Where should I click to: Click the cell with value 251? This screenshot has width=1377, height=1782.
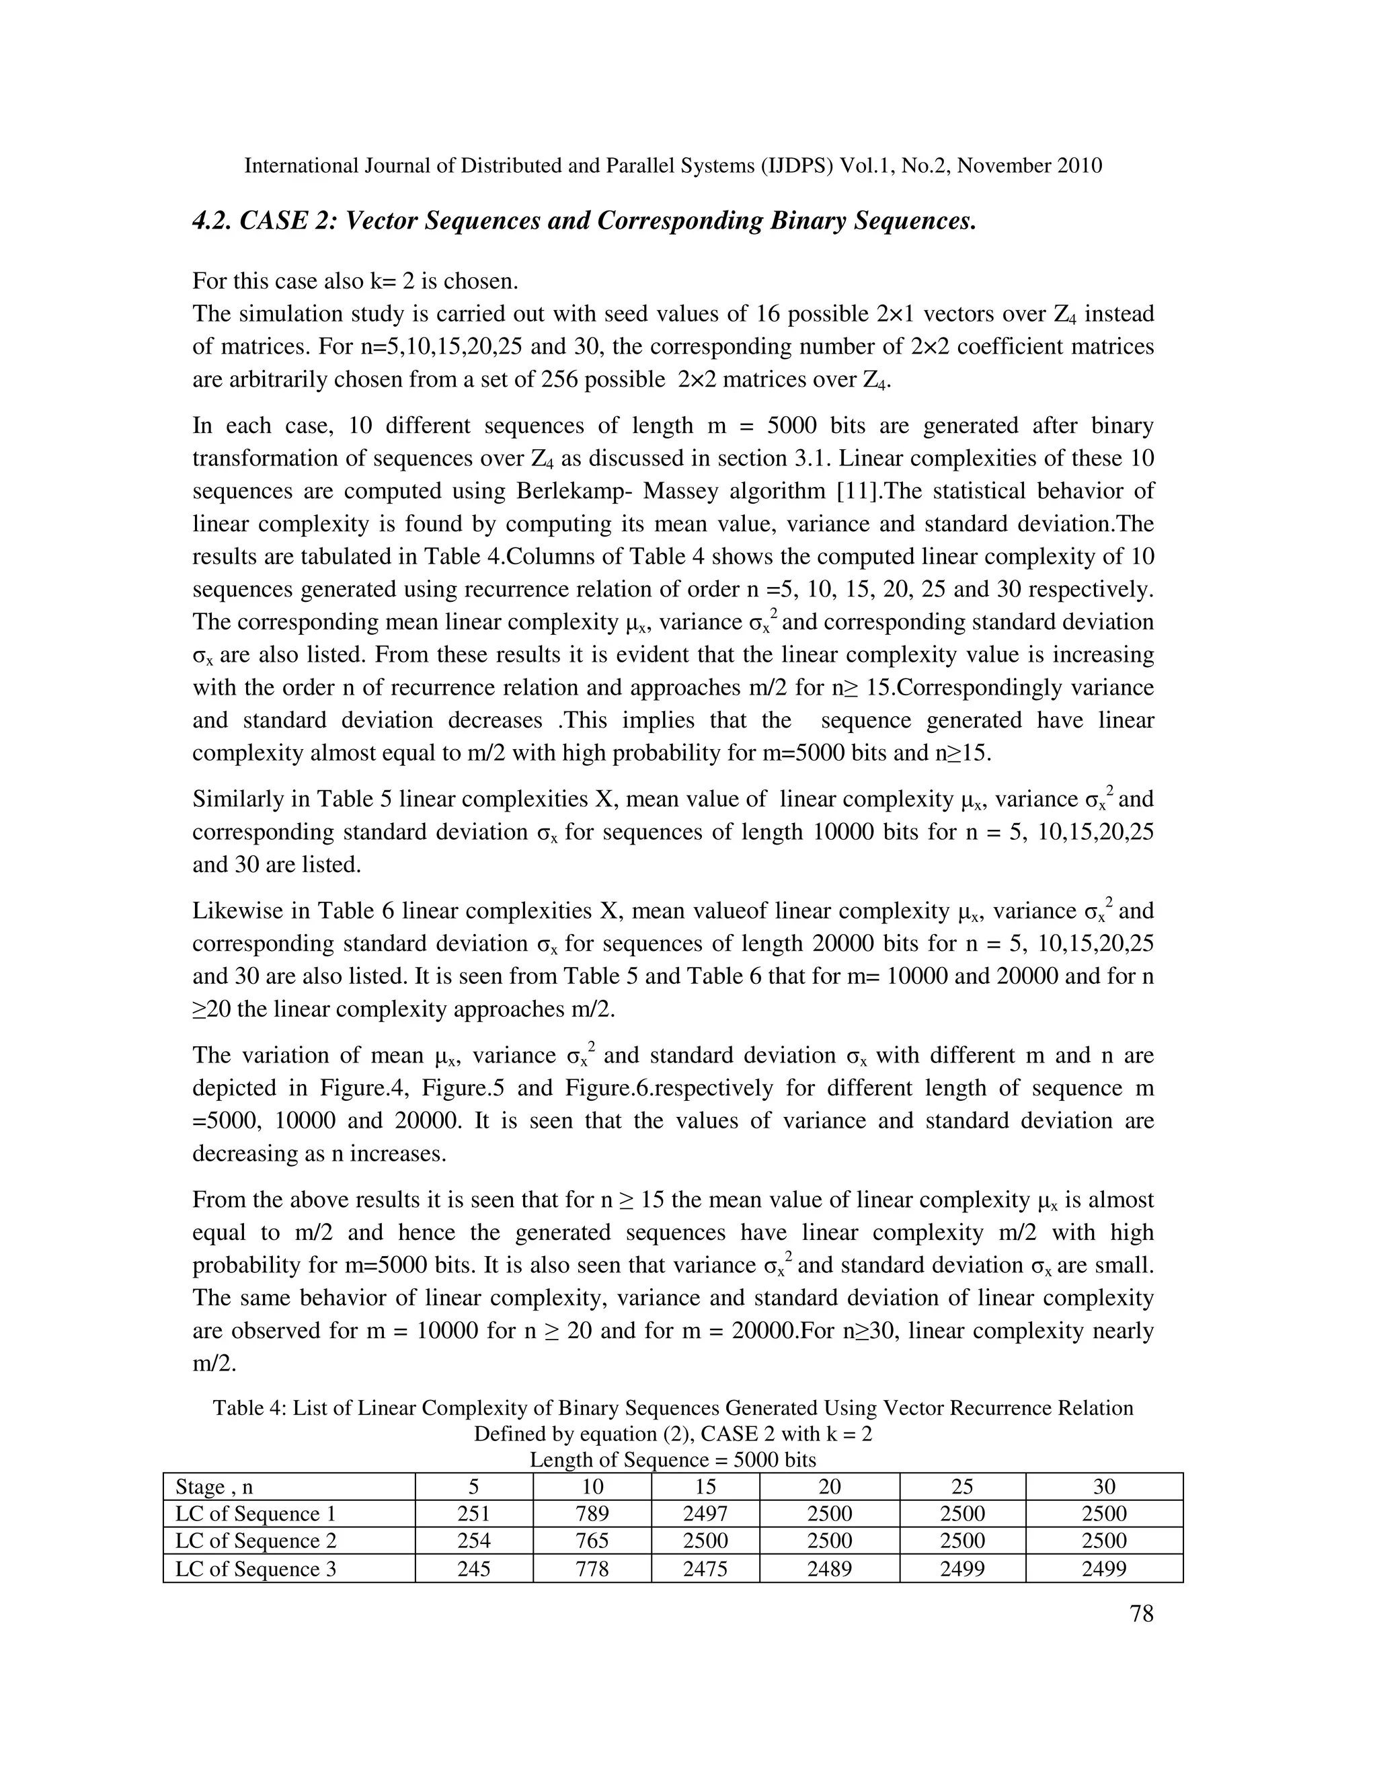(x=473, y=1514)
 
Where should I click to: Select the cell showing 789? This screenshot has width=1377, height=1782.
(x=592, y=1514)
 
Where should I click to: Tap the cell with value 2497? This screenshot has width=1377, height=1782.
(x=705, y=1514)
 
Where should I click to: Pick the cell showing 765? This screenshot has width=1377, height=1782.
(x=592, y=1541)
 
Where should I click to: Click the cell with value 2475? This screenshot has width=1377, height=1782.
(x=705, y=1569)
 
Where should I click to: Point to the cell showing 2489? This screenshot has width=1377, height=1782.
(x=829, y=1569)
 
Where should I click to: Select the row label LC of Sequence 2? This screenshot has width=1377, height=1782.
(x=255, y=1541)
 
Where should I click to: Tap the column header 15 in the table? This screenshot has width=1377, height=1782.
(x=705, y=1487)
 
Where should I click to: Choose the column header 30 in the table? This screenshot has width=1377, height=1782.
(x=1104, y=1487)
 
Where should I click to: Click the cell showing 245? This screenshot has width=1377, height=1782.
(x=473, y=1569)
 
